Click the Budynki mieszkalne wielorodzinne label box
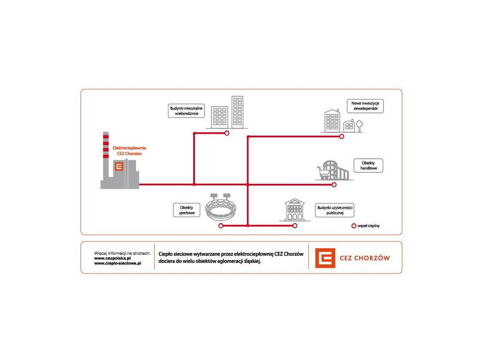186,111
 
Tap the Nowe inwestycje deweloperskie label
365,106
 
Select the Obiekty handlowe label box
368,166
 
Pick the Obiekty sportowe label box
187,210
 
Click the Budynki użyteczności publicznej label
334,211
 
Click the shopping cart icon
322,172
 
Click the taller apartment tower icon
237,112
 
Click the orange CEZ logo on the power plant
119,166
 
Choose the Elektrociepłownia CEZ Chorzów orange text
129,150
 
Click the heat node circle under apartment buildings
227,133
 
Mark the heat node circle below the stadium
221,226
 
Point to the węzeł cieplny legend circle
354,226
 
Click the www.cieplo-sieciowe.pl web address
118,263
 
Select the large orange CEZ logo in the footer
325,258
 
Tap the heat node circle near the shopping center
334,185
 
